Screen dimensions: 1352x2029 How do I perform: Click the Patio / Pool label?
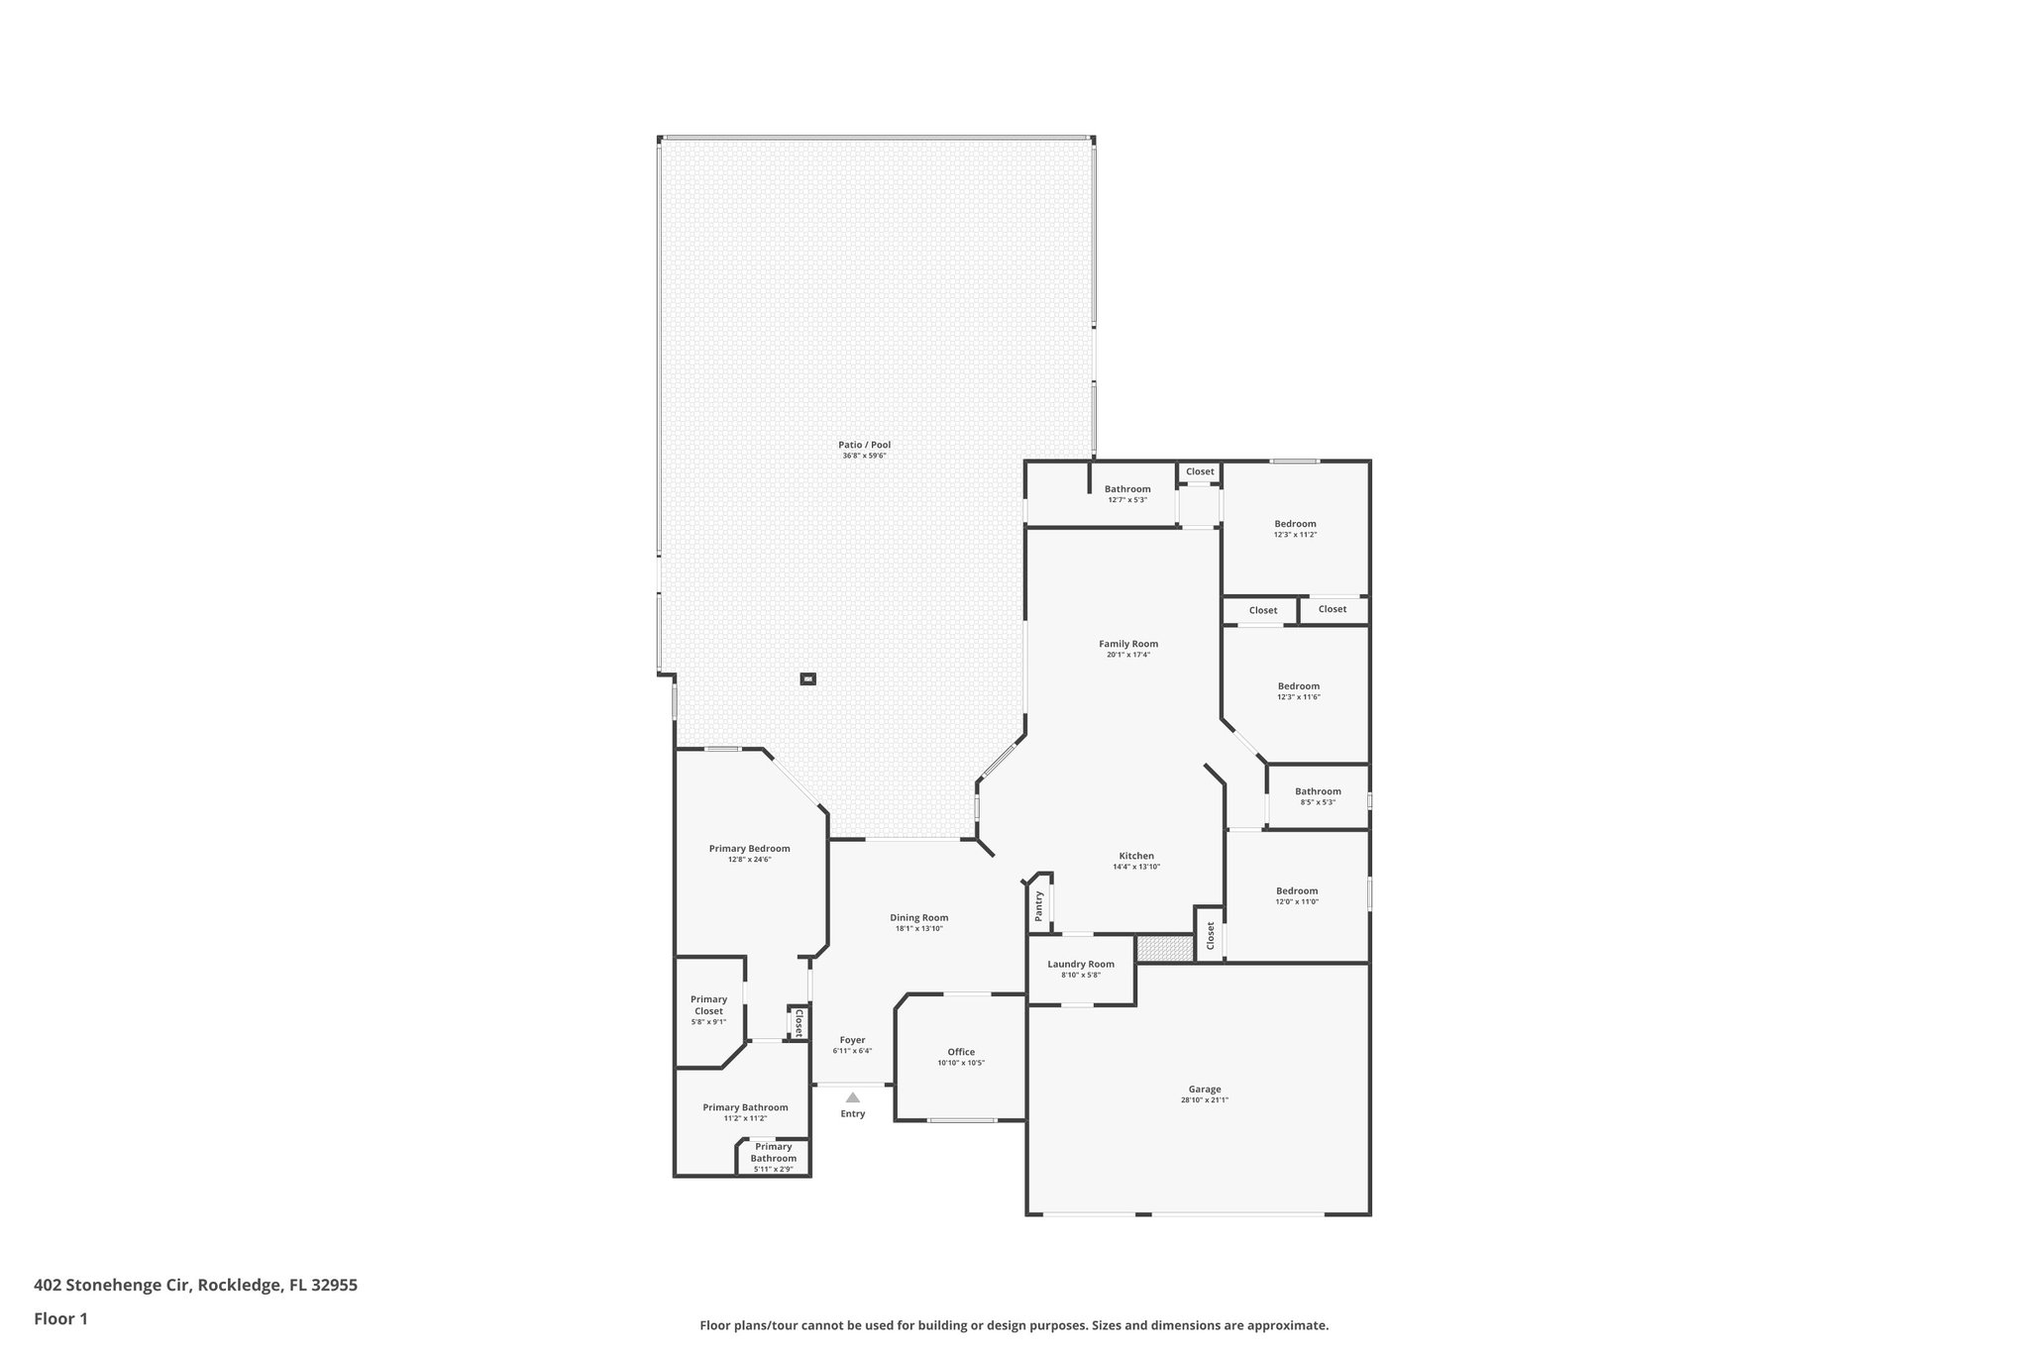click(864, 445)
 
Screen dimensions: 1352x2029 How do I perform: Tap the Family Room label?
click(1127, 644)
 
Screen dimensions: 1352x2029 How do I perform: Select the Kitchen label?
click(1136, 856)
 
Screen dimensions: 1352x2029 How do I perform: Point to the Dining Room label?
click(918, 917)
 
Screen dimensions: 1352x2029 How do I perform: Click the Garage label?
click(1205, 1090)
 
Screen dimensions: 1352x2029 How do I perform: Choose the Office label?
click(961, 1052)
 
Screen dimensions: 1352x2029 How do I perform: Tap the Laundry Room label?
click(1081, 964)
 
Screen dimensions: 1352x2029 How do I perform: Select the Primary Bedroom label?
click(749, 849)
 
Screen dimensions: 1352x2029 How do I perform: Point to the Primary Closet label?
click(708, 1005)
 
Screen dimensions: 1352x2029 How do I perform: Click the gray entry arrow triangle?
click(853, 1097)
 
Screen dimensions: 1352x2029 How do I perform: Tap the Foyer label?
click(852, 1040)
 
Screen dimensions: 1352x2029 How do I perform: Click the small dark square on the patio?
click(808, 679)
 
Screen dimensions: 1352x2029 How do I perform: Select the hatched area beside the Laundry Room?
click(1165, 948)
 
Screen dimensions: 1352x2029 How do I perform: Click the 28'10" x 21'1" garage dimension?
click(1205, 1100)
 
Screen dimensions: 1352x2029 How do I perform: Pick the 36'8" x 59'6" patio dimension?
click(864, 456)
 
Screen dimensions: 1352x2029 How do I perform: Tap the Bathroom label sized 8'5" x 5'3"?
click(1318, 791)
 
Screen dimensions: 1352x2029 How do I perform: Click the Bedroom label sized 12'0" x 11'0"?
click(1297, 890)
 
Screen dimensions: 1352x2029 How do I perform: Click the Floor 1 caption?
click(61, 1319)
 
